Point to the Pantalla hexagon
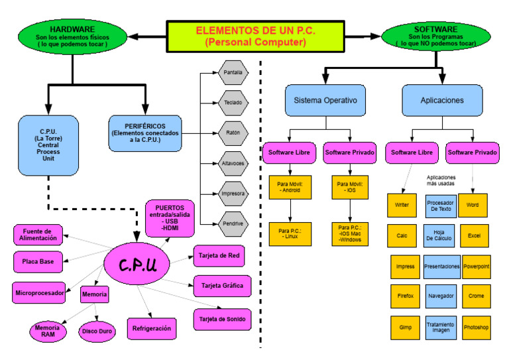[233, 72]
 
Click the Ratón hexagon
[233, 133]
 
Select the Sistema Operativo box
[325, 101]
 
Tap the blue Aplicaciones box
[441, 101]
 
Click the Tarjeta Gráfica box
[222, 286]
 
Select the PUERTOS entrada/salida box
[170, 218]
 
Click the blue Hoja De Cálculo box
[439, 235]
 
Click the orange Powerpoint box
[476, 266]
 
